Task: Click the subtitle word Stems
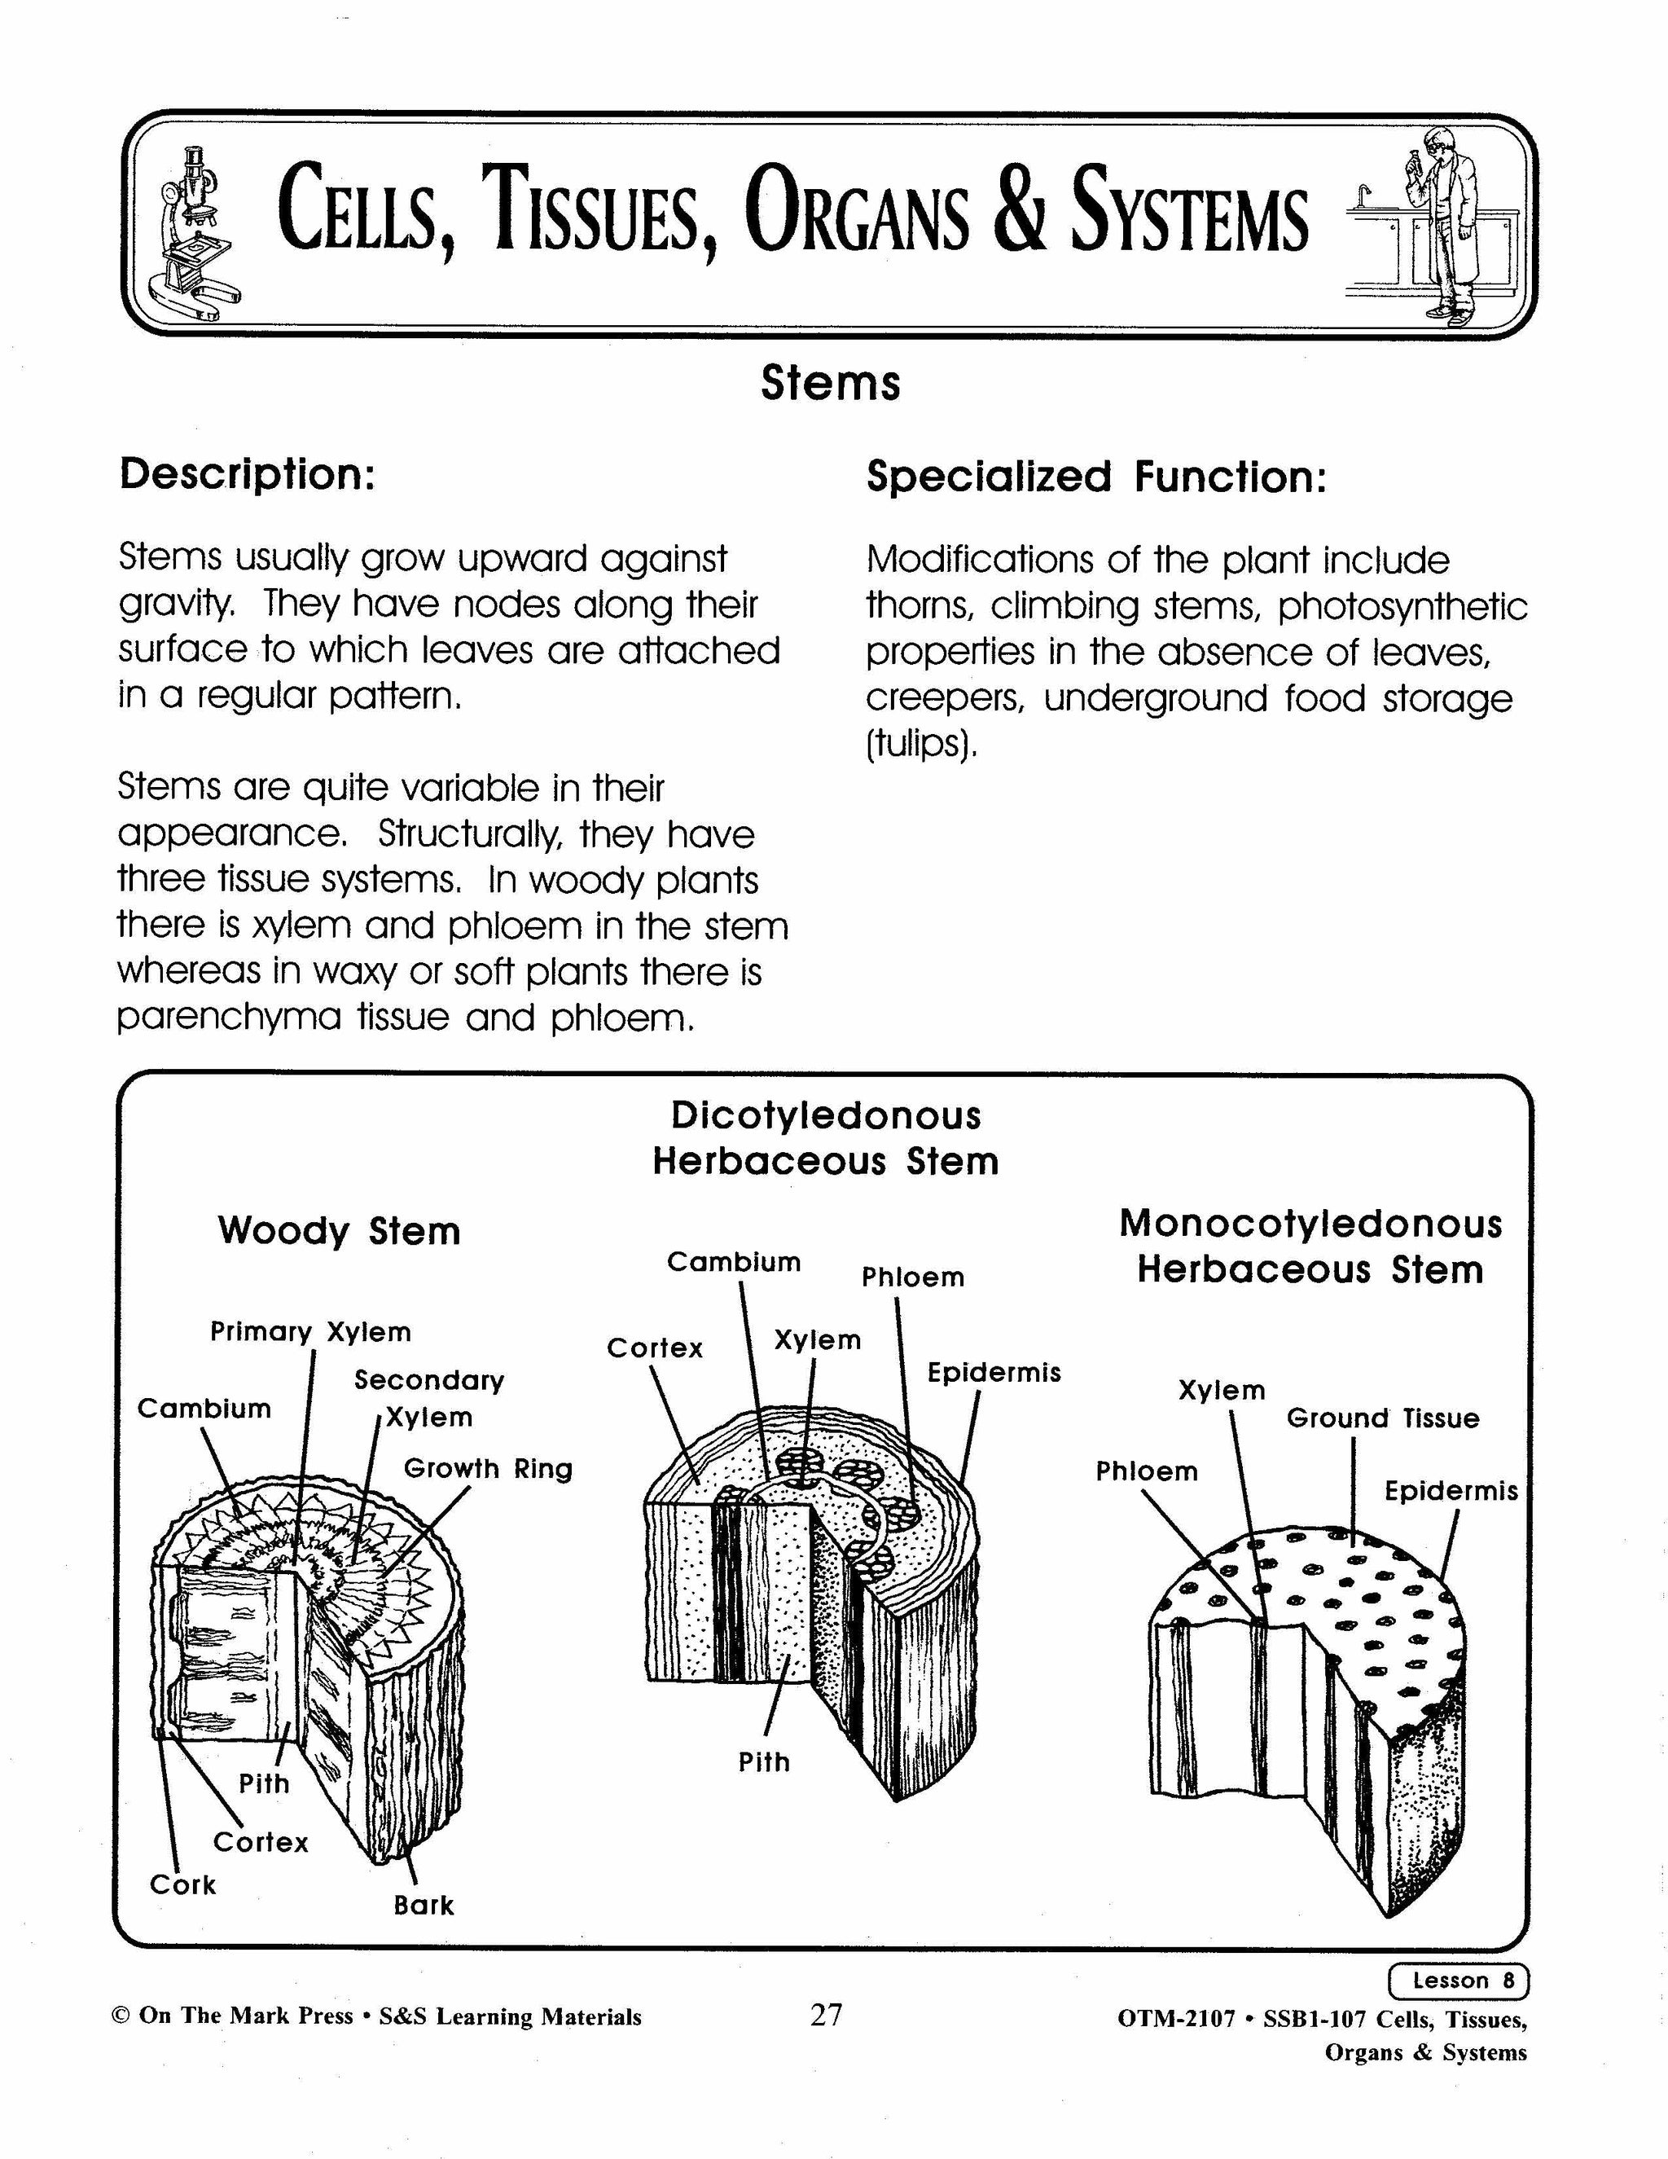(x=830, y=384)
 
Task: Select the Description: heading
(x=247, y=473)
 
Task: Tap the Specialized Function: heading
(x=1096, y=477)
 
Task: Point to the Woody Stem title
(x=339, y=1231)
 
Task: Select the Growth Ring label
(x=488, y=1468)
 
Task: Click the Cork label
(x=182, y=1884)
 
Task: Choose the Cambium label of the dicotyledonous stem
(x=733, y=1261)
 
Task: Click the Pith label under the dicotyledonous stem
(x=764, y=1761)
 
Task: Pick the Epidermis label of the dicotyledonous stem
(x=993, y=1372)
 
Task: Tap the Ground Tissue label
(x=1382, y=1418)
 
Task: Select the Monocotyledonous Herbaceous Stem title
(x=1310, y=1247)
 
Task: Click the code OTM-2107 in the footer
(x=1176, y=2017)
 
